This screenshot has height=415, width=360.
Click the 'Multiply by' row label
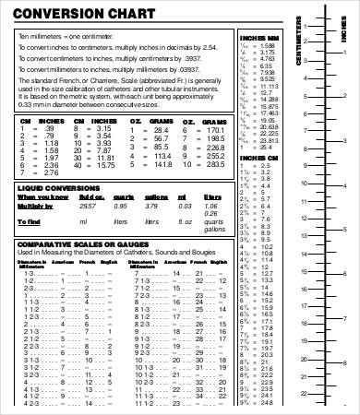pos(36,207)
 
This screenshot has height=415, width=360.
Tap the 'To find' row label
pos(30,221)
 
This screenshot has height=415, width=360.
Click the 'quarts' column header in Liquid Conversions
pos(121,196)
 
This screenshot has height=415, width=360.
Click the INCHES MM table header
pos(256,38)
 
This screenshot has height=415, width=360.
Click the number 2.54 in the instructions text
pos(208,44)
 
